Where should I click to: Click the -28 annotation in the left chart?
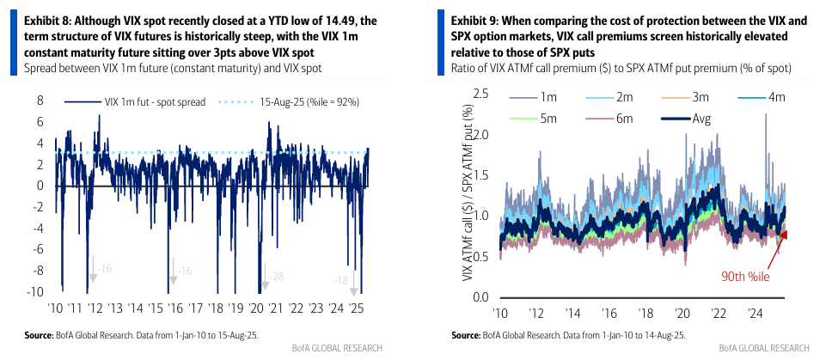278,276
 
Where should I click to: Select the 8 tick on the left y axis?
39,101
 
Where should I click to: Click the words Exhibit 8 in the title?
37,18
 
